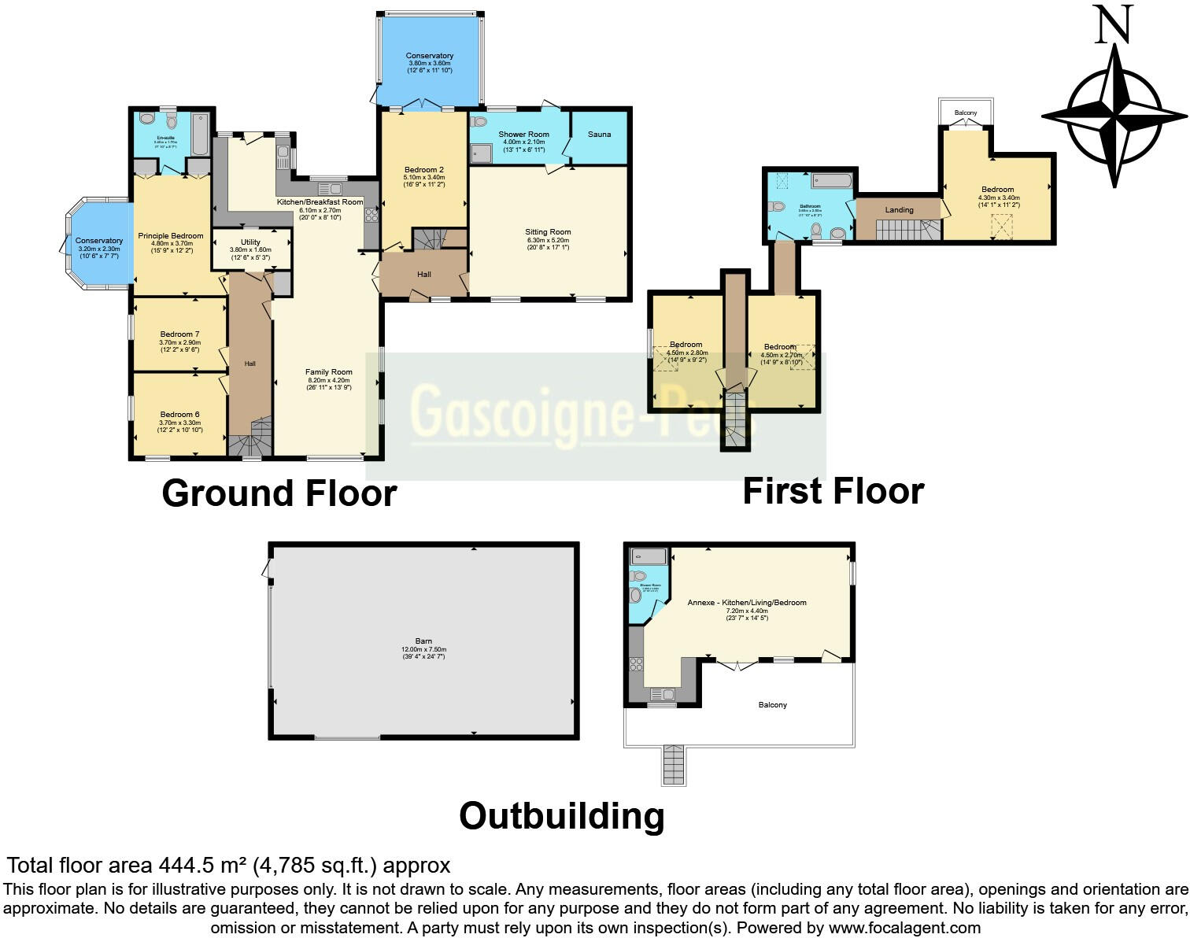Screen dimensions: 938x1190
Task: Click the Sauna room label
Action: click(599, 135)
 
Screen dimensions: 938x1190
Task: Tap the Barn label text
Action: click(423, 641)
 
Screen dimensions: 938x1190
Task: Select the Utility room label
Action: click(250, 242)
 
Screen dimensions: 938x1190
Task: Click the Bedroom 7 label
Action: click(179, 334)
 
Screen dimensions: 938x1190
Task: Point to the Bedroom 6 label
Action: click(179, 415)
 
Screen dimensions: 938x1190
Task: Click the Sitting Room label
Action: click(548, 232)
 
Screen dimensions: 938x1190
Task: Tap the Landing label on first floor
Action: click(899, 210)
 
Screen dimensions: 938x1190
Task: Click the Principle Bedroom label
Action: click(171, 236)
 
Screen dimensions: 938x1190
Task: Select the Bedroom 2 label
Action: click(424, 170)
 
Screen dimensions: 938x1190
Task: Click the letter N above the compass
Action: click(1114, 25)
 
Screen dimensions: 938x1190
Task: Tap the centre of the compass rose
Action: click(1114, 116)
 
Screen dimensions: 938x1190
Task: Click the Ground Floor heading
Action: click(279, 493)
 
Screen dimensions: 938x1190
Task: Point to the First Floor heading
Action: click(833, 491)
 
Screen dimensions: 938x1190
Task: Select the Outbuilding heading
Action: click(561, 816)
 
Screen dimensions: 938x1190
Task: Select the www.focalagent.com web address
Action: click(904, 929)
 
